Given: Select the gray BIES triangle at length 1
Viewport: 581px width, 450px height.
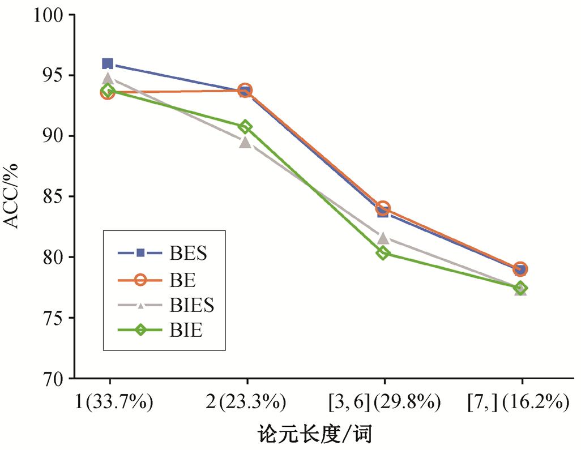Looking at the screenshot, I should (108, 78).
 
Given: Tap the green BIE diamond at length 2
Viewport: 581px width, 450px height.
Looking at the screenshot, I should (246, 126).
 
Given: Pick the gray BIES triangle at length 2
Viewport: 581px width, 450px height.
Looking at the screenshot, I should (245, 142).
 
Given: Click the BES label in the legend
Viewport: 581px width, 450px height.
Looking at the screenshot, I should (188, 253).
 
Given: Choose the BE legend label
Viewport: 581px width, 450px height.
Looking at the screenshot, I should (182, 279).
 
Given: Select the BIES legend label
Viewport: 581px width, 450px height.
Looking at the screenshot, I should (192, 305).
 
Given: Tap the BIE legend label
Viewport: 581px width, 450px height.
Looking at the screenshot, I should (185, 331).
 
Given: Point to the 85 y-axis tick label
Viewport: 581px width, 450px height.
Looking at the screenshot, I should (52, 197).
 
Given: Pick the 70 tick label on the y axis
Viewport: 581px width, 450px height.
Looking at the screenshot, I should (52, 379).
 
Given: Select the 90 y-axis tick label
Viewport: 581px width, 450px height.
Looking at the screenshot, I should (52, 136).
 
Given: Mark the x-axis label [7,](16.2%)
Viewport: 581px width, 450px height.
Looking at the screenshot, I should (518, 403).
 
